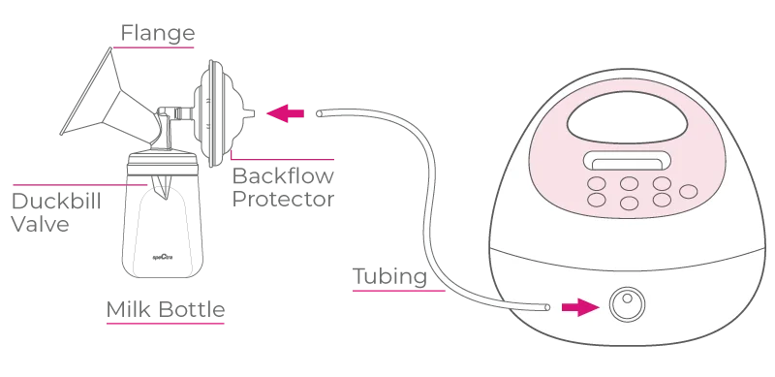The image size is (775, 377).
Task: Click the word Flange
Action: point(158,33)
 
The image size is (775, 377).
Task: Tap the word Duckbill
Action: point(56,201)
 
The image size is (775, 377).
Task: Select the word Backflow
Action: point(283,175)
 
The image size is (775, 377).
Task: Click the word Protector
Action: point(283,199)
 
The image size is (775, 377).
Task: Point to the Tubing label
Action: point(390,276)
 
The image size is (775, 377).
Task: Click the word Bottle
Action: point(192,309)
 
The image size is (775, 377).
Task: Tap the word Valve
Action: point(40,224)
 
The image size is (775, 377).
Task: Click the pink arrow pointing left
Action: point(285,113)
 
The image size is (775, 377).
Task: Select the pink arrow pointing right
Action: point(580,307)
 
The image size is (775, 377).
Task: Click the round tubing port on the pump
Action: point(627,304)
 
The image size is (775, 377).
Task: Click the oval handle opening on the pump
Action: point(627,117)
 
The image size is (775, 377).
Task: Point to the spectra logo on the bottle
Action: point(161,257)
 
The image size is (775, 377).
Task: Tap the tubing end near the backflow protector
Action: point(320,113)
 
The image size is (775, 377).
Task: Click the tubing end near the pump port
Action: point(546,307)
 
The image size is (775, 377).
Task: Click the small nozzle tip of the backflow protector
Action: point(250,113)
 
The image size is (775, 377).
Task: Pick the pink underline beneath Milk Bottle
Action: point(166,324)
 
